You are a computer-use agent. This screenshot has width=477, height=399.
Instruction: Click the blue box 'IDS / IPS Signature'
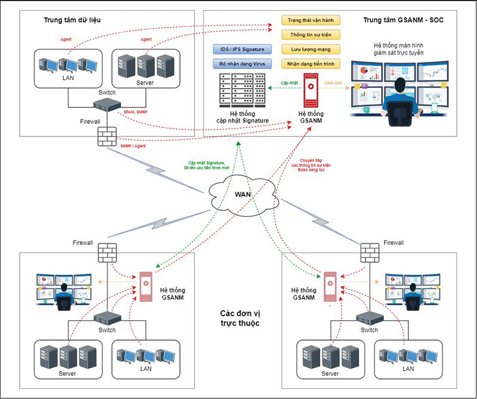click(x=242, y=49)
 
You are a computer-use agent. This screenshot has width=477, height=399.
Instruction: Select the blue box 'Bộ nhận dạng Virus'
click(x=242, y=63)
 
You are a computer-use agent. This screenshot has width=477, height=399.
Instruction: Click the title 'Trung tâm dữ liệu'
click(x=72, y=20)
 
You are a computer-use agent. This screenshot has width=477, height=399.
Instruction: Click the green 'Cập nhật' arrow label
click(x=289, y=83)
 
